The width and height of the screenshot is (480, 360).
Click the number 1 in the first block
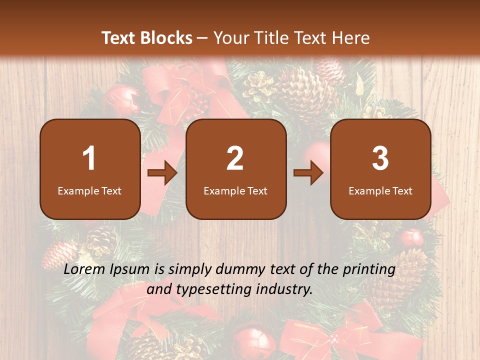coord(89,158)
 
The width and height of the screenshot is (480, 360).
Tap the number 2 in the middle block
coord(235,158)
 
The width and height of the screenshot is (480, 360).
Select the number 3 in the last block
coord(380,158)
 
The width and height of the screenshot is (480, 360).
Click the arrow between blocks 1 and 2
coord(162,173)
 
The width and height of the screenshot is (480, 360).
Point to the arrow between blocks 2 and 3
coord(308,173)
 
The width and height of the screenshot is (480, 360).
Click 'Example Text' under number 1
coord(89,190)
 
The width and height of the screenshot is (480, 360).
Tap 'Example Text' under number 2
coord(235,190)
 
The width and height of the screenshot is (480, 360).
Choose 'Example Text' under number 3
coord(380,190)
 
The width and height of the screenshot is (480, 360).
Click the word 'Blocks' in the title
coord(166,38)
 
